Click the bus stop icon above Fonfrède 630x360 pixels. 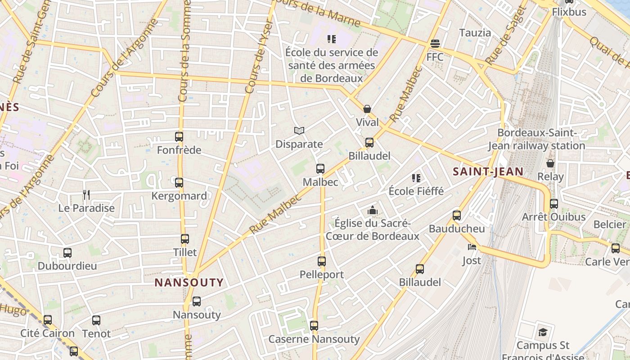point(179,136)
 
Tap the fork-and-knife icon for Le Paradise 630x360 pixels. point(86,194)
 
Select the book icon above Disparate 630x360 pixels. point(299,130)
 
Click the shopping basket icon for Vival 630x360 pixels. point(367,108)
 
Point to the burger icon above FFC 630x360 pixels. point(435,44)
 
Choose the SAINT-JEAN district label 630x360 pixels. point(488,171)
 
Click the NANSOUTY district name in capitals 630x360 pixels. point(189,283)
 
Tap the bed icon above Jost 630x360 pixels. point(472,247)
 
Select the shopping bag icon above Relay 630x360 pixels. point(550,163)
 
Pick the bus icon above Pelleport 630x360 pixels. point(322,261)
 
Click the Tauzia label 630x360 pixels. point(475,32)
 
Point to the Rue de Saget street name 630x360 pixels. point(506,36)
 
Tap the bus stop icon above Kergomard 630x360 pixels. point(179,182)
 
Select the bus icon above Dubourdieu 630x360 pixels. point(67,252)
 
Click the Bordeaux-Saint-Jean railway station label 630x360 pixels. point(536,139)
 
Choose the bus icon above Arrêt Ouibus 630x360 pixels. point(554,203)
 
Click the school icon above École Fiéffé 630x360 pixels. point(416,178)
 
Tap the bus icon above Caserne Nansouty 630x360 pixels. point(314,325)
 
